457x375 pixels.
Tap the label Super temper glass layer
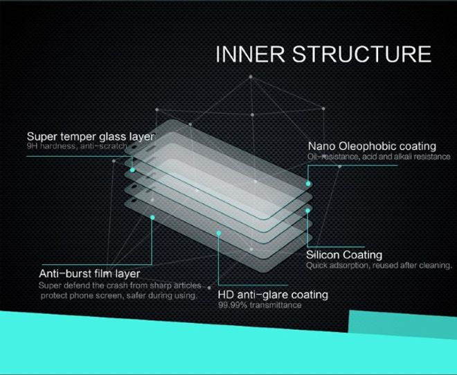[x=90, y=136]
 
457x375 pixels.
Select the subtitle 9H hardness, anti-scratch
[x=77, y=147]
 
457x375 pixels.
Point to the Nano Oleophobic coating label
[x=372, y=146]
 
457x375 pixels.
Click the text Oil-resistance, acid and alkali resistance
[x=372, y=157]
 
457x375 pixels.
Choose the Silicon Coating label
[x=345, y=254]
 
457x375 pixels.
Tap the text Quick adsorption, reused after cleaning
[x=379, y=265]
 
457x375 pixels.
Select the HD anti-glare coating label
[x=273, y=295]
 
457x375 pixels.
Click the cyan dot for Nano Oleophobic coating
[x=308, y=184]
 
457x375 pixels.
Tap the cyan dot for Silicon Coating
[x=307, y=209]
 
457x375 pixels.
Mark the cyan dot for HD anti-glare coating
[x=219, y=234]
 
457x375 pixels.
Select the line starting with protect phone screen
[x=118, y=295]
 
